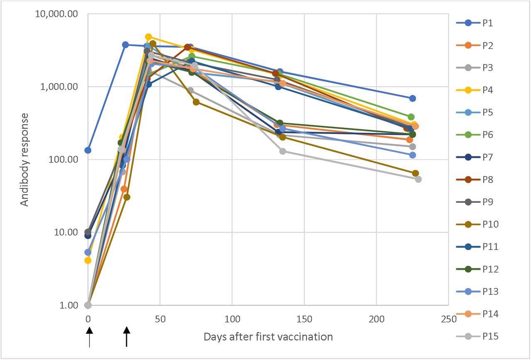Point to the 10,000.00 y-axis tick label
61,14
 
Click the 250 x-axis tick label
448,319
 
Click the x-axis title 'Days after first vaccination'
268,337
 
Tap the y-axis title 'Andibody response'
25,159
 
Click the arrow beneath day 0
89,336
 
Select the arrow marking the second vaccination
127,336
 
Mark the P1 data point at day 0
88,150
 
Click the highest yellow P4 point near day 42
149,37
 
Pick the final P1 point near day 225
412,98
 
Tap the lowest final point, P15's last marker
418,179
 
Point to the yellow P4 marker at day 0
88,260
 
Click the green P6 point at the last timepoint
411,117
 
